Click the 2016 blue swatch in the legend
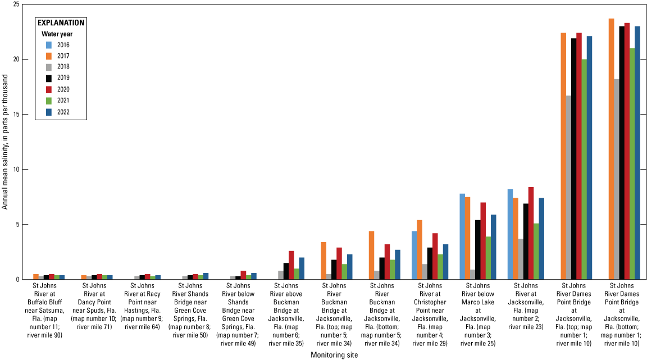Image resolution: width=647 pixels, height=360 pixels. [49, 45]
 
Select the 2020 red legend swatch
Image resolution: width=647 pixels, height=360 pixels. [49, 89]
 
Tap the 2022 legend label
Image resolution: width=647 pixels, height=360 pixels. [63, 111]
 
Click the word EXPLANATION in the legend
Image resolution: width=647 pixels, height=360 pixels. [61, 23]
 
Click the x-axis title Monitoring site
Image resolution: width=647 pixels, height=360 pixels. [334, 355]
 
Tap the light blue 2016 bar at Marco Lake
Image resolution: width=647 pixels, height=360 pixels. [462, 236]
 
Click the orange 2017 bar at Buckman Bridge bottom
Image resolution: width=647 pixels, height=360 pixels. [371, 256]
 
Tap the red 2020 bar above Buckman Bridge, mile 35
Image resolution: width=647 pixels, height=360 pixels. [291, 265]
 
